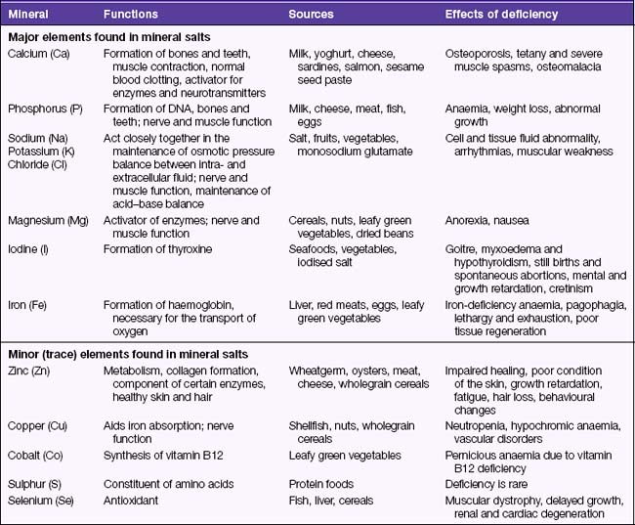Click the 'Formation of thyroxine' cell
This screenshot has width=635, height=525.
click(156, 249)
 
